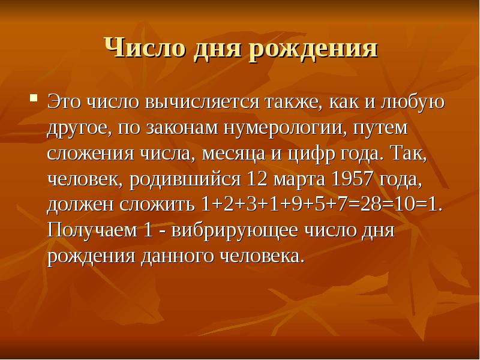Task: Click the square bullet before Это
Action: click(x=34, y=96)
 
